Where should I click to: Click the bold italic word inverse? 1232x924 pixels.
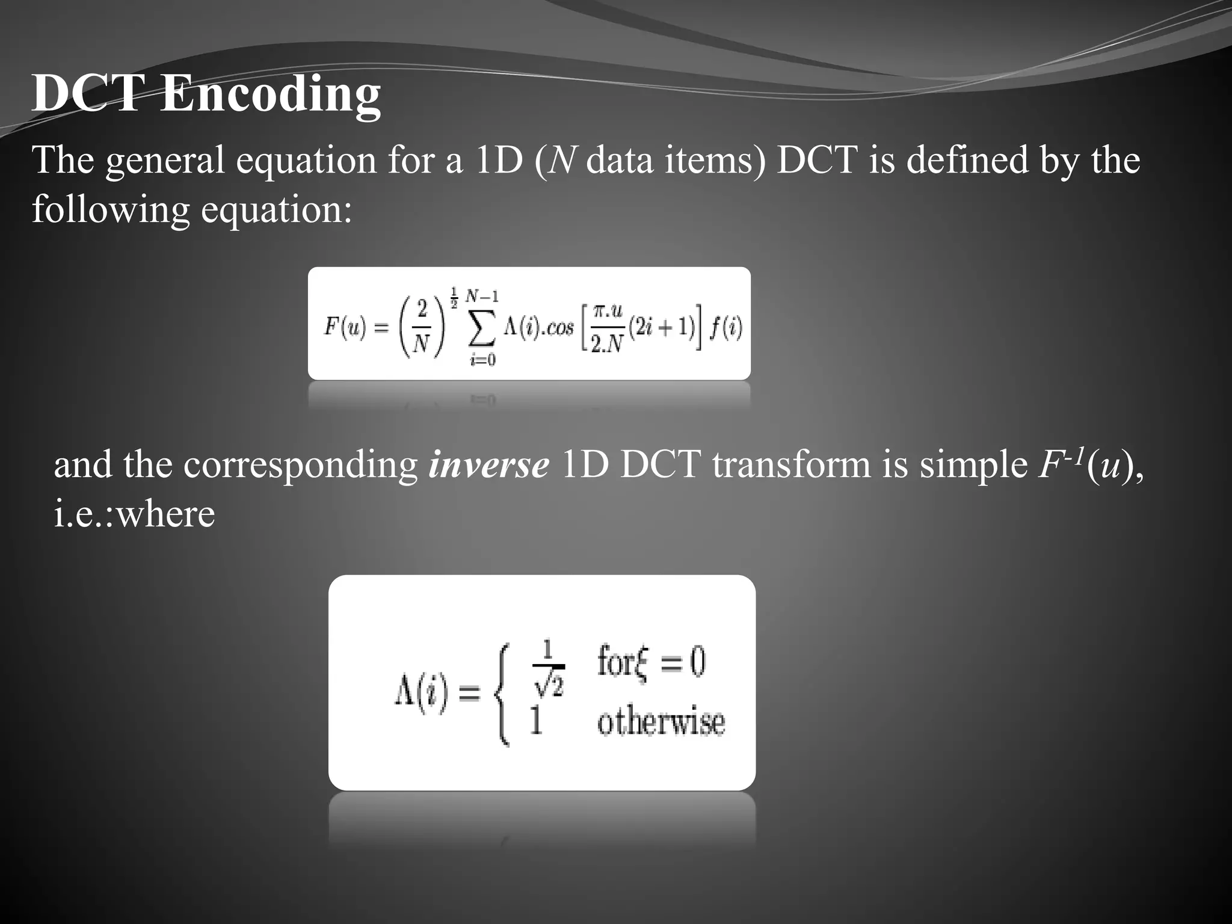click(488, 465)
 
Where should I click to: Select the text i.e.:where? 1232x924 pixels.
click(134, 514)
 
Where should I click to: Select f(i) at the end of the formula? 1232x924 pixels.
click(726, 328)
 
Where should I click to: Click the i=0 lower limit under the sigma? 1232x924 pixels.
click(483, 360)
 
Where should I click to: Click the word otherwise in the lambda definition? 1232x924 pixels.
click(661, 721)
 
